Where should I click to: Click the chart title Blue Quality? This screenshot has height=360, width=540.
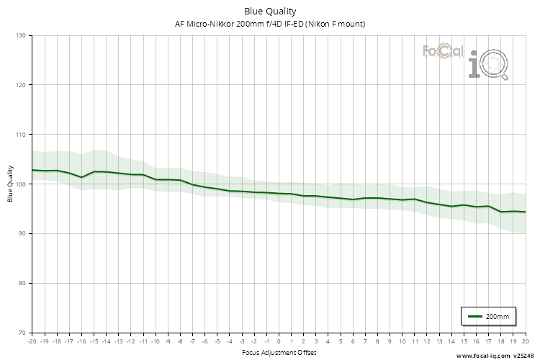[270, 11]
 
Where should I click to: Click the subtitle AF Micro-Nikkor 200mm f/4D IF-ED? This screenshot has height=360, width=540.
[270, 24]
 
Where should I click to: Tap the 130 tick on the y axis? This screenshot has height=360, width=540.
[20, 35]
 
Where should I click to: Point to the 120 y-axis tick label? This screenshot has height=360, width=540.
[20, 85]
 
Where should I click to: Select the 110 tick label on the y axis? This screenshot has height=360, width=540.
[20, 135]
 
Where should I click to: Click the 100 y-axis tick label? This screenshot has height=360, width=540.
[20, 184]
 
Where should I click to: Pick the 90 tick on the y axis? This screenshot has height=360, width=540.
[22, 234]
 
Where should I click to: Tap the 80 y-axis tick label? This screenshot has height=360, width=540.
[22, 283]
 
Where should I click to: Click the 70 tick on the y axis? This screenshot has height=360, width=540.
[22, 333]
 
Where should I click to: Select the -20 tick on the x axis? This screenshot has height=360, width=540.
[32, 341]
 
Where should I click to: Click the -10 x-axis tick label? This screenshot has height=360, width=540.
[155, 341]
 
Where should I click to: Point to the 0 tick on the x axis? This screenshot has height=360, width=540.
[279, 341]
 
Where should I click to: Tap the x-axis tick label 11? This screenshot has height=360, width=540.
[414, 341]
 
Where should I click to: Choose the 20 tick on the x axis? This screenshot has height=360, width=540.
[525, 341]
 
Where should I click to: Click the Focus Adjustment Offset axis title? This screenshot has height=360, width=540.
[279, 353]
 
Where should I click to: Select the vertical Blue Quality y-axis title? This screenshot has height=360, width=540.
[10, 184]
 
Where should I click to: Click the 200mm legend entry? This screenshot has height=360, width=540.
[489, 316]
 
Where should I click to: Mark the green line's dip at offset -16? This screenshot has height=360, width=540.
[81, 177]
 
